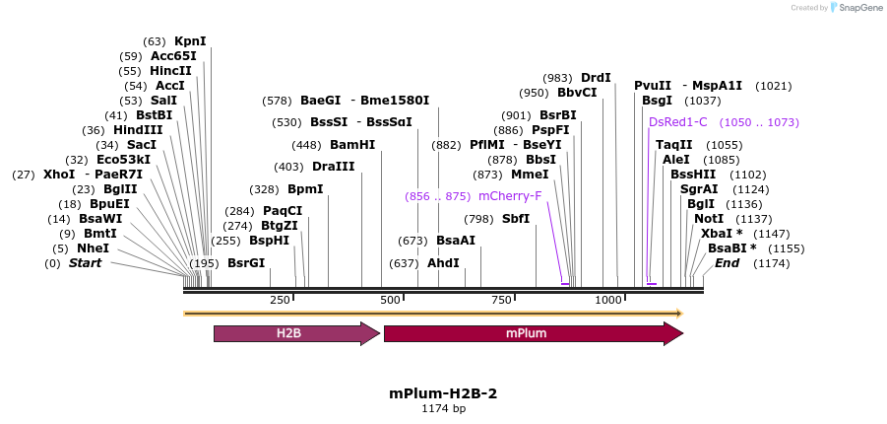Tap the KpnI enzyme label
(190, 41)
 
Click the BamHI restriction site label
(352, 145)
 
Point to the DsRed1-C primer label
(678, 122)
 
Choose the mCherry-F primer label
(503, 196)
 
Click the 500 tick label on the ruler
(390, 300)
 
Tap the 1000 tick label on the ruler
(608, 300)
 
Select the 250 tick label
(280, 300)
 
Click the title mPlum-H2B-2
(443, 392)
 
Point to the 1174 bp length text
(443, 408)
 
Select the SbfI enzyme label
(516, 219)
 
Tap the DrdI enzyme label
(596, 77)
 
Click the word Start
(86, 263)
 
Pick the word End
(728, 263)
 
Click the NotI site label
(709, 219)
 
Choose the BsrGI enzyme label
(246, 263)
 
